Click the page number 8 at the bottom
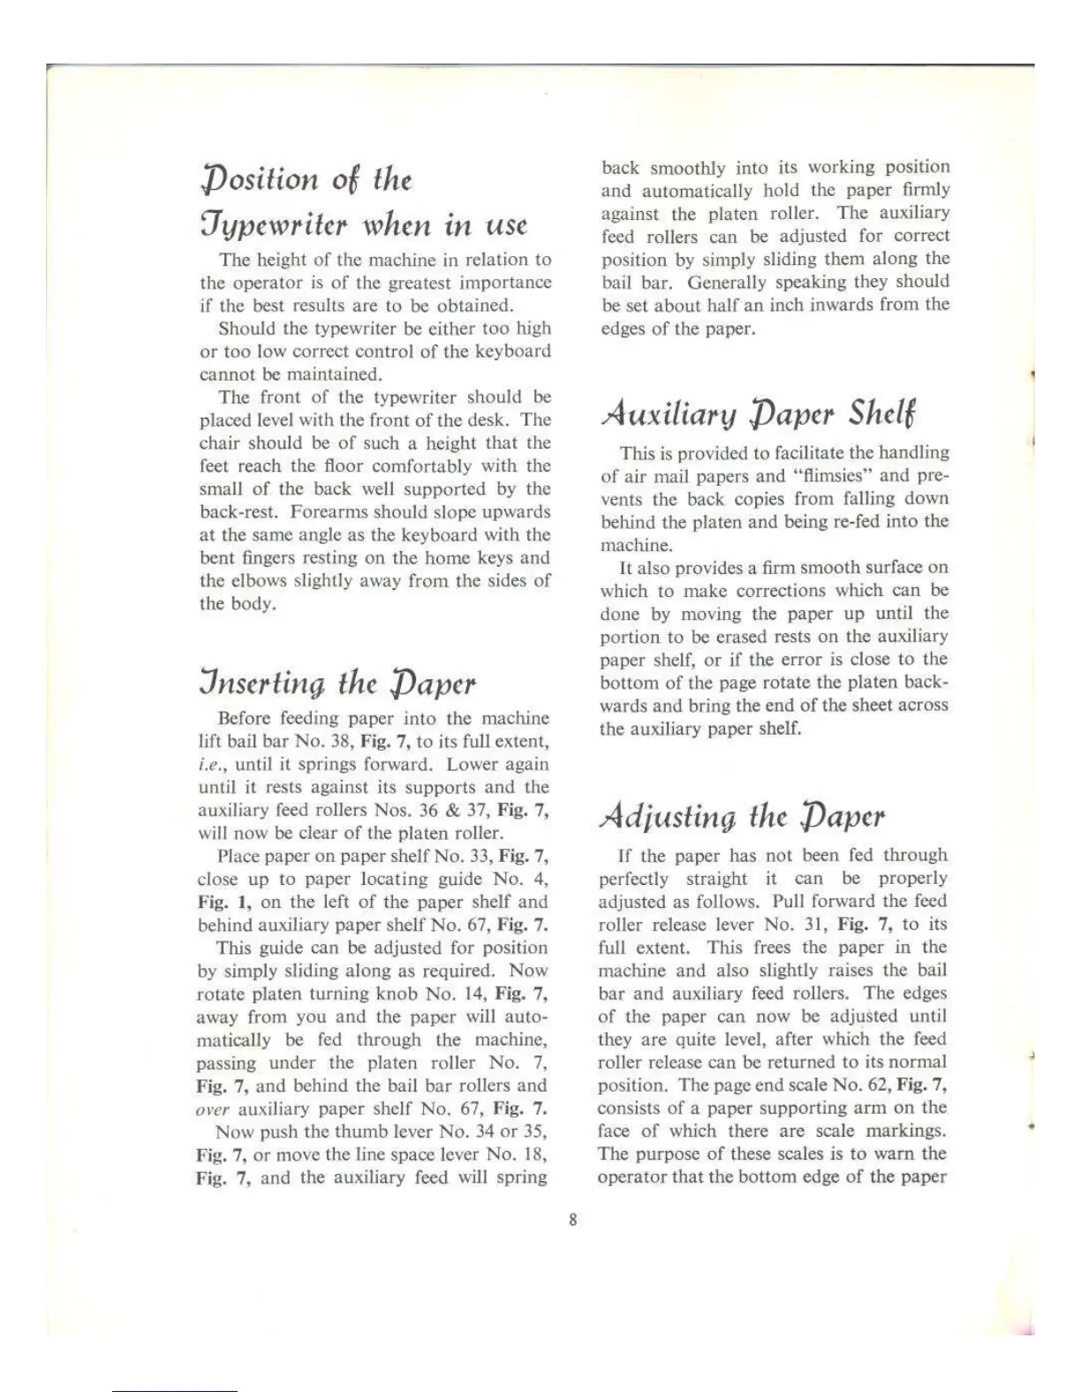[x=572, y=1221]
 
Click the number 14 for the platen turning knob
[x=472, y=994]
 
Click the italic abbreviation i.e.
[x=208, y=765]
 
